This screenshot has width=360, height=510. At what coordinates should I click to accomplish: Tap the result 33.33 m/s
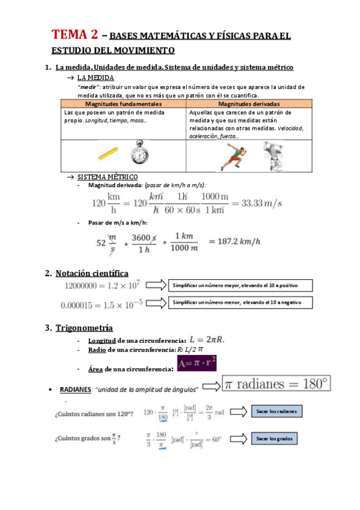[x=261, y=203]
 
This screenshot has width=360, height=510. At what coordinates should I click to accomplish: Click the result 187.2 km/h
[x=234, y=241]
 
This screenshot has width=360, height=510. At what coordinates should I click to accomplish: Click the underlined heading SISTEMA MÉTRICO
[x=108, y=177]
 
